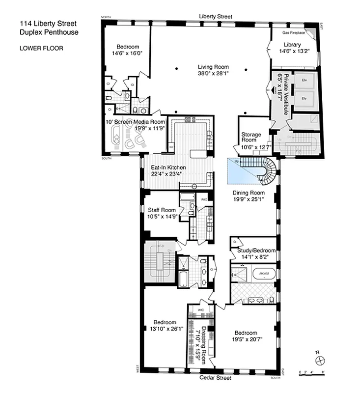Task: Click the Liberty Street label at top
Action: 215,16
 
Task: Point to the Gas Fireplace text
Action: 293,33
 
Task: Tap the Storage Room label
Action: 251,137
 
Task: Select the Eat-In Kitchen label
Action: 168,168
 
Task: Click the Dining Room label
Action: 249,193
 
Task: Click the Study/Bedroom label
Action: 256,250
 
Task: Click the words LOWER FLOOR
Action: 41,48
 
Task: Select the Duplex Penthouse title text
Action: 49,32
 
